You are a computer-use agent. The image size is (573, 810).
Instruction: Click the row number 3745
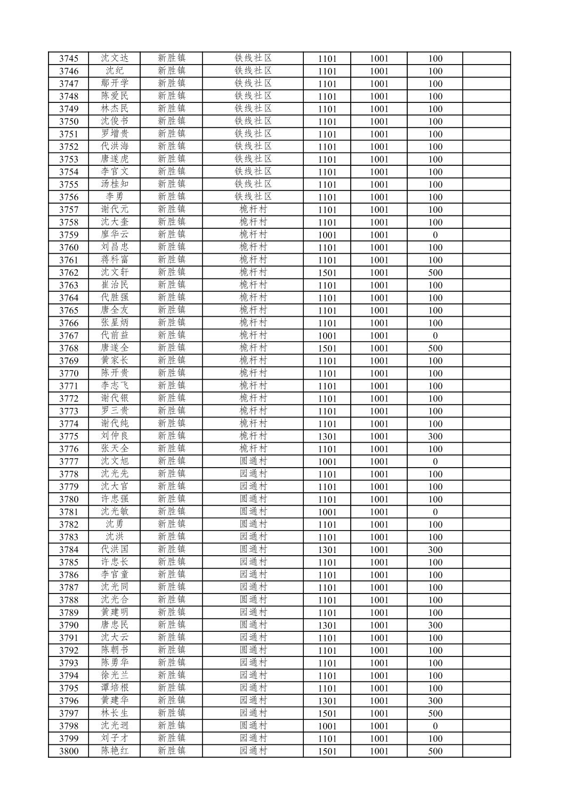(x=68, y=59)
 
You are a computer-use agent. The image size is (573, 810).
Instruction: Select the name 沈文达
(x=115, y=58)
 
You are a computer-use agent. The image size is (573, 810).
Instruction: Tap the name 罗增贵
(x=115, y=134)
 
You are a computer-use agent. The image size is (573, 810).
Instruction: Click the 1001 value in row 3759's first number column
(x=327, y=235)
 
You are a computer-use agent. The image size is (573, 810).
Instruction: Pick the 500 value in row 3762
(x=435, y=273)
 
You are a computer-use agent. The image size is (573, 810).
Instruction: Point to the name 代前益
(x=115, y=335)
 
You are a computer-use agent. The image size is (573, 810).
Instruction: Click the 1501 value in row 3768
(x=327, y=348)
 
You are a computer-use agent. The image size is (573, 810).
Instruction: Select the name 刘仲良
(x=115, y=436)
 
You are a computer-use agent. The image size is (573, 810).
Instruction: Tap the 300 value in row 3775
(x=435, y=437)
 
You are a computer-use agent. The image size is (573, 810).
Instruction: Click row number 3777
(x=68, y=462)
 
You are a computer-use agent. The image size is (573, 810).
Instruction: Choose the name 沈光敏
(x=115, y=512)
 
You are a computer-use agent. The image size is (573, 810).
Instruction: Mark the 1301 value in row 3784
(x=327, y=550)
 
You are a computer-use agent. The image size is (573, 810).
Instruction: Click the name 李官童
(x=115, y=575)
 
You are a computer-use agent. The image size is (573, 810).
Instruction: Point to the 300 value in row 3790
(x=435, y=625)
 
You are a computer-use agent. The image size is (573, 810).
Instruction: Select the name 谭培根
(x=115, y=688)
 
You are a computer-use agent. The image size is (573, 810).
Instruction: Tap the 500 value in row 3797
(x=435, y=713)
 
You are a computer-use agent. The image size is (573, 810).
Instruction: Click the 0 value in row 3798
(x=435, y=726)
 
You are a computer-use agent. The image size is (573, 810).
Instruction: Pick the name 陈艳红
(x=115, y=751)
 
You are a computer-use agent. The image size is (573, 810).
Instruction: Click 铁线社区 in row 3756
(x=253, y=197)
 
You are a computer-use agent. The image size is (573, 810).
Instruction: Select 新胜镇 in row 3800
(x=172, y=751)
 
